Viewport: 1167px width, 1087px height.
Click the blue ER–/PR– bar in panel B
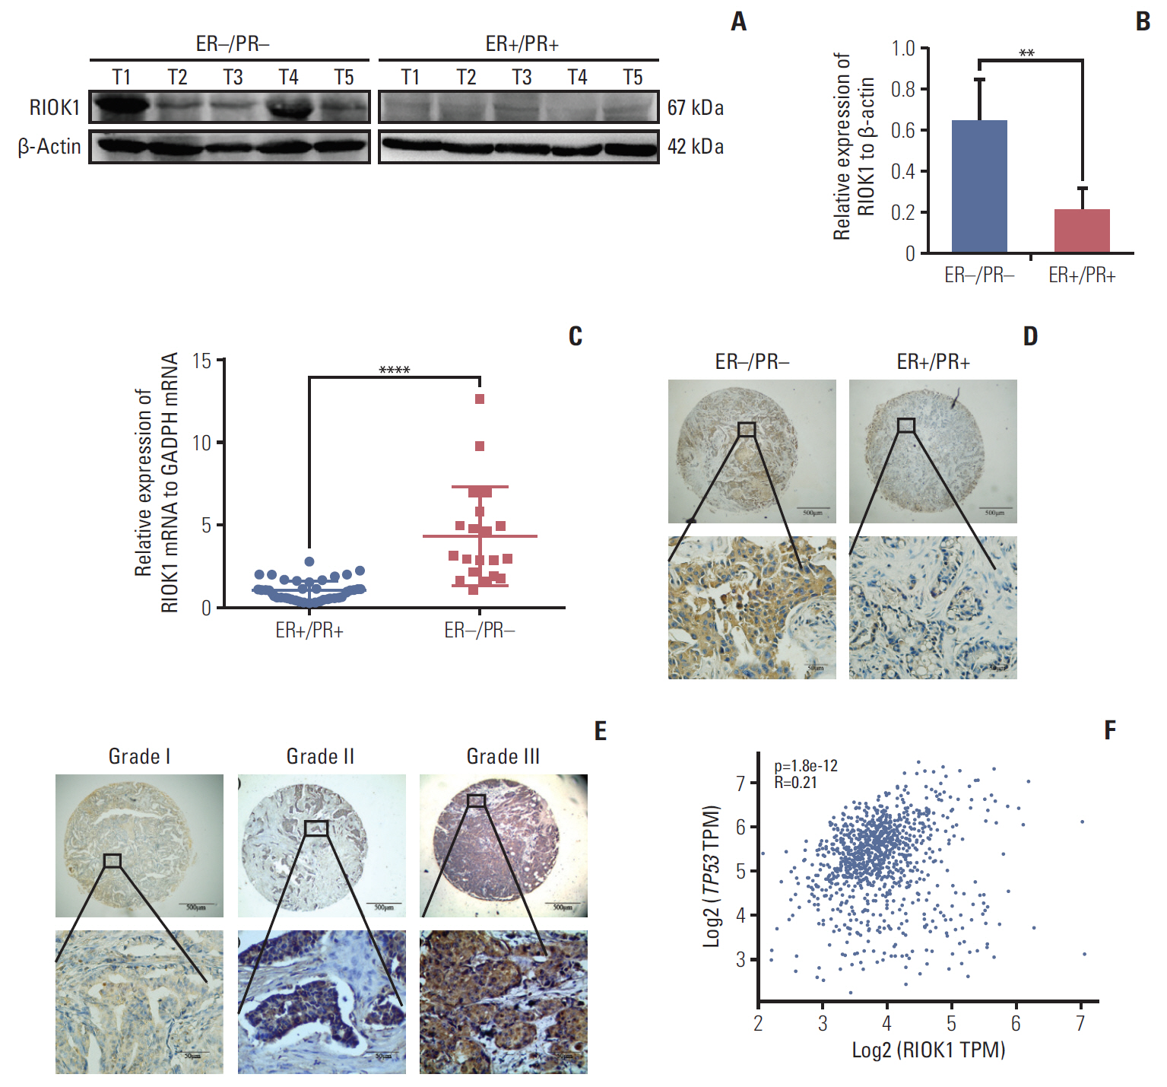point(979,186)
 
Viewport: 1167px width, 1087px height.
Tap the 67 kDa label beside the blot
point(695,108)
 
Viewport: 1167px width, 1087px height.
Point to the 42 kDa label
point(695,146)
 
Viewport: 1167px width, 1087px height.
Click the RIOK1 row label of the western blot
point(54,108)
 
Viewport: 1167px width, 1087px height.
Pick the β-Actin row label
point(49,146)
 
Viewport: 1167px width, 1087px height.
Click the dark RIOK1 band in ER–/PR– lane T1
point(120,106)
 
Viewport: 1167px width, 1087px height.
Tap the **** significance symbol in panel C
point(394,370)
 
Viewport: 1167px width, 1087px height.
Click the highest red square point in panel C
point(480,399)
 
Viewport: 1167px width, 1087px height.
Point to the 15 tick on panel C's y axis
point(201,361)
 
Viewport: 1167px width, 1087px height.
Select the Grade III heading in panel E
point(503,756)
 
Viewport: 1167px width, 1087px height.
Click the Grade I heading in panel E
point(139,756)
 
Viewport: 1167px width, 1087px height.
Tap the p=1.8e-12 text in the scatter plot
point(806,766)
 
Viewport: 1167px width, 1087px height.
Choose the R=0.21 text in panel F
point(796,782)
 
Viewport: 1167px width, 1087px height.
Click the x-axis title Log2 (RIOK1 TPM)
point(928,1050)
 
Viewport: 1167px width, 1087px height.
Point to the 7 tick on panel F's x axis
point(1080,1024)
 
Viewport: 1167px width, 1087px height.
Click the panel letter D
point(1030,336)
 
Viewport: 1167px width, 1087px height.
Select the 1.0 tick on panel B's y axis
point(903,49)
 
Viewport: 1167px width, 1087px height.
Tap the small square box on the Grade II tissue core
point(316,828)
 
